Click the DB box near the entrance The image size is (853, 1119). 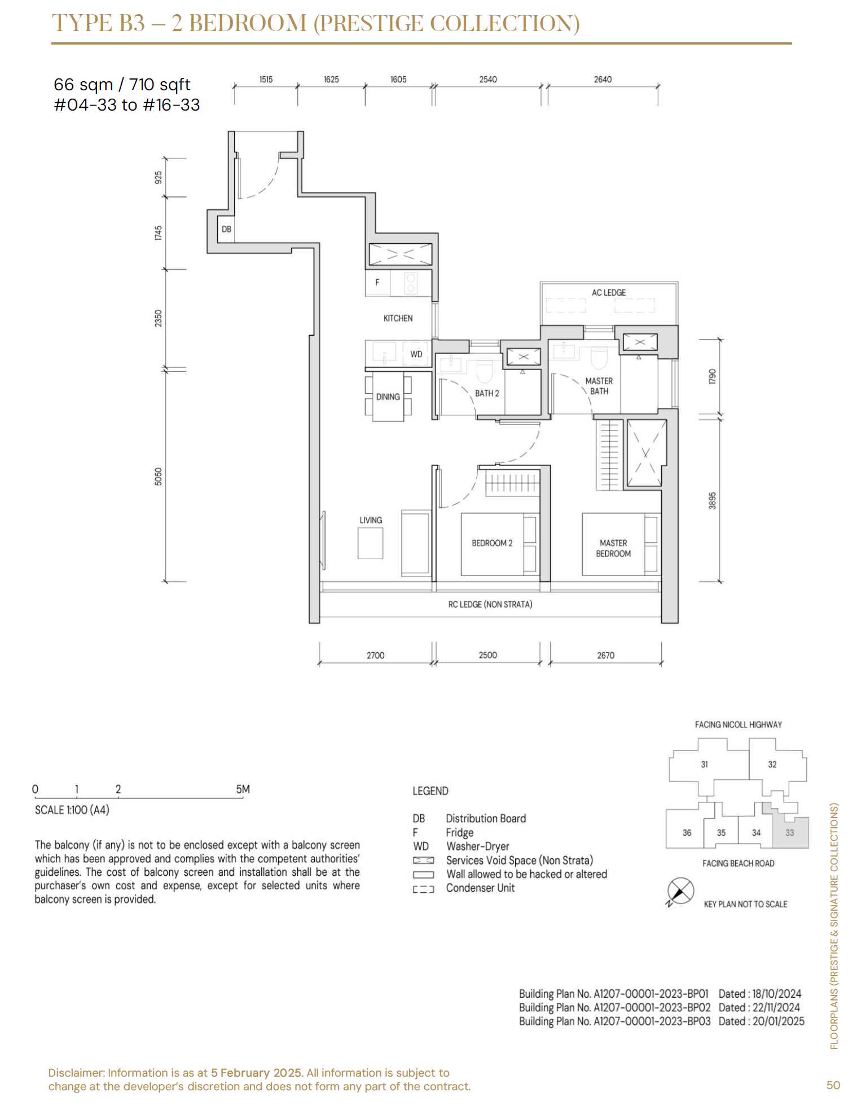(226, 230)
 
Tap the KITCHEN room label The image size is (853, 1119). (398, 318)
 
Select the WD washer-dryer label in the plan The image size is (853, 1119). (416, 354)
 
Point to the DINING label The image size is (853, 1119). (388, 397)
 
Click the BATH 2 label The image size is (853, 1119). (487, 393)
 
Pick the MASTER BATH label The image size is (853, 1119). (599, 386)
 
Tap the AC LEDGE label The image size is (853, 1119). (609, 292)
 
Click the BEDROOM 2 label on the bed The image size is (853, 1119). (492, 543)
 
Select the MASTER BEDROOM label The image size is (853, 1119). (613, 548)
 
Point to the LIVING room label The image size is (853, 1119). (371, 520)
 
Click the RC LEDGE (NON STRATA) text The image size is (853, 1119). (490, 604)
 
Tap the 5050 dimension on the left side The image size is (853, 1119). (159, 476)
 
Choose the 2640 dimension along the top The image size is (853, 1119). (603, 80)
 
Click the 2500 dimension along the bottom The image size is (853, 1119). (488, 655)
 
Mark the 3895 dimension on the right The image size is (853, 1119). (713, 500)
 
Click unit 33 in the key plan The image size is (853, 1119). (790, 832)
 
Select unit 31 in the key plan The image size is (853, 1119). (704, 765)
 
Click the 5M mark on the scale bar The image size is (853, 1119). (243, 789)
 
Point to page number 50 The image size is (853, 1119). (833, 1085)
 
